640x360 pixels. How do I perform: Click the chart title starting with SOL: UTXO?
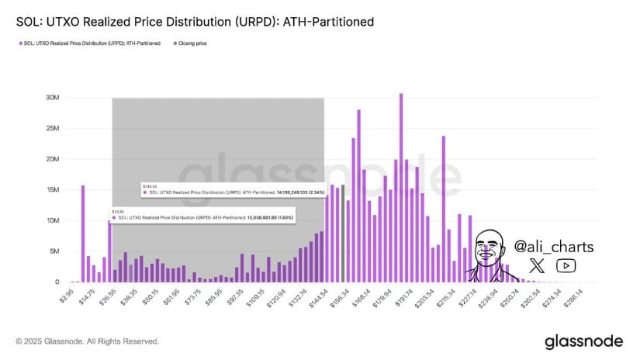coord(195,22)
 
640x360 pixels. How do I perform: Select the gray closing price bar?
coord(343,234)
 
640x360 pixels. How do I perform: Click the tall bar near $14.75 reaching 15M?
coord(83,234)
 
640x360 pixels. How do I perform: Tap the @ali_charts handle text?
coord(554,247)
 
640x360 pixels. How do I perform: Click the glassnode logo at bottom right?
coord(583,341)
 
